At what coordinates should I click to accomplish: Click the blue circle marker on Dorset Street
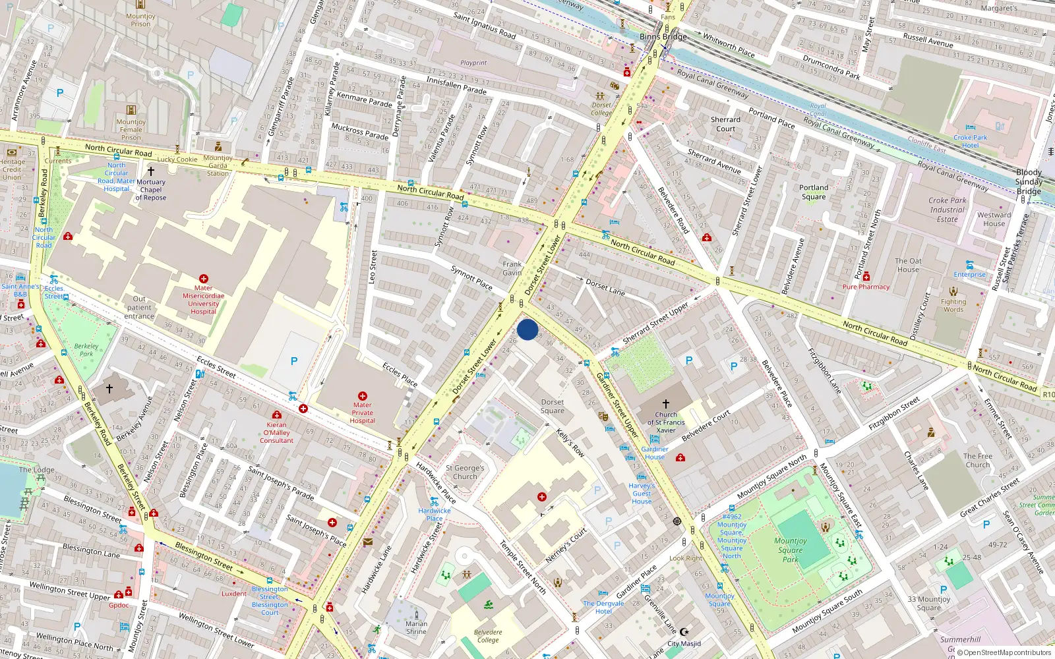[527, 329]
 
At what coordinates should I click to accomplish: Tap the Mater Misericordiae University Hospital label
[203, 300]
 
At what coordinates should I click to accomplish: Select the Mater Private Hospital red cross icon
[362, 396]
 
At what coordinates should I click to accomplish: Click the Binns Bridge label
[663, 37]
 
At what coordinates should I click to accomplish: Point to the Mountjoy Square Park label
[790, 550]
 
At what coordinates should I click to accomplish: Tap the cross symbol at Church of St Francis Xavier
[665, 403]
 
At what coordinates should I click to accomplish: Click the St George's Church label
[465, 472]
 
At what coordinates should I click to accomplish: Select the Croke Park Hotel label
[970, 141]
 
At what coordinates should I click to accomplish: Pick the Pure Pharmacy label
[866, 287]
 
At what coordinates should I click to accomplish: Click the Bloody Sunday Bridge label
[1029, 182]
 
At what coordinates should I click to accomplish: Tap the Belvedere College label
[488, 636]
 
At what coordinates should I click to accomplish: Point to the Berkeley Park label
[86, 349]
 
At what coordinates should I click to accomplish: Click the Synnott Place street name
[471, 277]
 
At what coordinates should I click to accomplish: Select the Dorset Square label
[553, 406]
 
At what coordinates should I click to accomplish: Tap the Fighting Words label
[953, 306]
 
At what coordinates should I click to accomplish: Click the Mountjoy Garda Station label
[218, 165]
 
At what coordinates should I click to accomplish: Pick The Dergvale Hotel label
[603, 607]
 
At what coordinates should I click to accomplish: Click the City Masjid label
[684, 643]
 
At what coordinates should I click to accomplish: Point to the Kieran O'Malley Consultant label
[276, 432]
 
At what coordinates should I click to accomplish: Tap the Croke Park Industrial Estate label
[948, 210]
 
